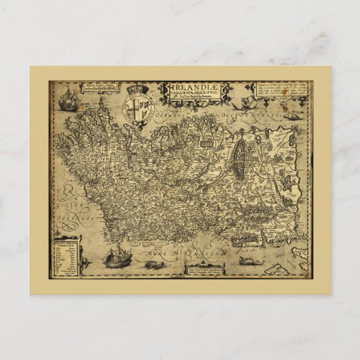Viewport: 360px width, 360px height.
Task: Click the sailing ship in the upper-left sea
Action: (67, 102)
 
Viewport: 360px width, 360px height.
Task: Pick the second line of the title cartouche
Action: (192, 94)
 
